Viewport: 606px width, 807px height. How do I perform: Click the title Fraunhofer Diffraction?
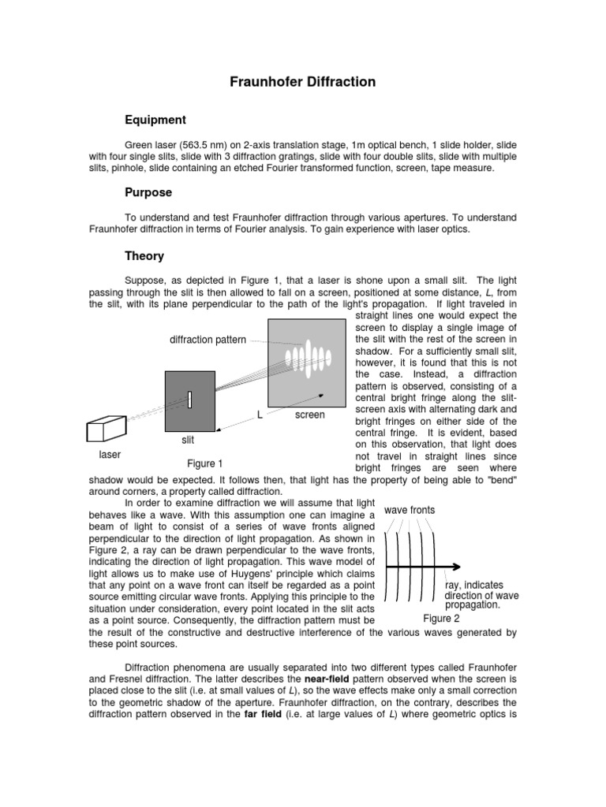point(303,82)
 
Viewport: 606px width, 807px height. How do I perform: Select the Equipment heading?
point(155,120)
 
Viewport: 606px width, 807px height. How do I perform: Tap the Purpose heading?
point(148,192)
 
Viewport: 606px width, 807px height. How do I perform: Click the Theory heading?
point(144,255)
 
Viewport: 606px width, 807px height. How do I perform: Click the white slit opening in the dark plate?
point(190,400)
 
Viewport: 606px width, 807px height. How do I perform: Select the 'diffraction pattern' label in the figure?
point(208,340)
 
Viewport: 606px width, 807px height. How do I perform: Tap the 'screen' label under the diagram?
point(309,415)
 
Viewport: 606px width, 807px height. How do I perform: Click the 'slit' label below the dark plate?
point(188,440)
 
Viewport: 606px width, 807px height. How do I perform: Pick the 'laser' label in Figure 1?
point(109,455)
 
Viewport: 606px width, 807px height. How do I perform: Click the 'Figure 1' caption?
point(204,463)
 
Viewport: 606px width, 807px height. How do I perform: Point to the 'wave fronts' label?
point(410,510)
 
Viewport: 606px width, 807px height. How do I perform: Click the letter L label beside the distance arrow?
point(259,414)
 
